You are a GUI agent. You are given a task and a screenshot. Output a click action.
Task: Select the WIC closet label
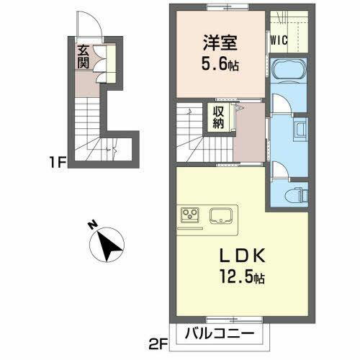pos(279,41)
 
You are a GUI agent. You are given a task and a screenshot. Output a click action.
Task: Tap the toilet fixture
pos(296,193)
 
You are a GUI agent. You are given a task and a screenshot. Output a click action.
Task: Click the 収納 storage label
pos(217,117)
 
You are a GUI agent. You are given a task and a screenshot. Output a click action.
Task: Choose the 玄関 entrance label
pos(83,57)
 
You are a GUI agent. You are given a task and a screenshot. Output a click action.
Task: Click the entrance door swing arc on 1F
pos(94,32)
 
